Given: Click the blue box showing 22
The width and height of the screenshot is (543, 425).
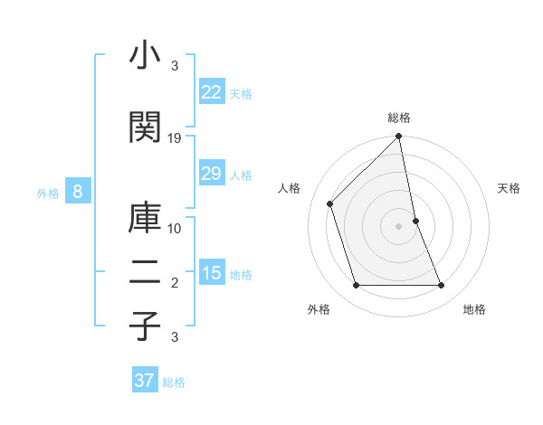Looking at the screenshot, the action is pyautogui.click(x=212, y=93).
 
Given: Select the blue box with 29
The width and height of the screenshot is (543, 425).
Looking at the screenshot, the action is pyautogui.click(x=212, y=175).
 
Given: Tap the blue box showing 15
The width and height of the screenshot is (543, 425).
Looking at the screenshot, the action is pyautogui.click(x=212, y=274).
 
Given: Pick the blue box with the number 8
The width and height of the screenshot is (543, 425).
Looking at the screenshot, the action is pyautogui.click(x=79, y=192).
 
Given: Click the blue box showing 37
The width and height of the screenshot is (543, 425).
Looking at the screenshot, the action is pyautogui.click(x=145, y=382).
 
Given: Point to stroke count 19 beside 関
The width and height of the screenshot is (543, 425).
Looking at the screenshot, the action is pyautogui.click(x=175, y=138).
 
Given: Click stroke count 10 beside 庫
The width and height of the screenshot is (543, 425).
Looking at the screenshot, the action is pyautogui.click(x=175, y=229).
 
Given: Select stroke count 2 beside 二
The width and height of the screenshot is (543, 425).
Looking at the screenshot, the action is pyautogui.click(x=175, y=283).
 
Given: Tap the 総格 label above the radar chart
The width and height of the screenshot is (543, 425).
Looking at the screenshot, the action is pyautogui.click(x=399, y=118).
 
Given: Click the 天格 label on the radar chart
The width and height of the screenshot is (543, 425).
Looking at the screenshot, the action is pyautogui.click(x=510, y=188).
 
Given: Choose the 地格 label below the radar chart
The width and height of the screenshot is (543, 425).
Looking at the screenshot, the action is pyautogui.click(x=474, y=309).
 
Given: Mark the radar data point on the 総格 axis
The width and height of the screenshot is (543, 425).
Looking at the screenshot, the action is pyautogui.click(x=399, y=137).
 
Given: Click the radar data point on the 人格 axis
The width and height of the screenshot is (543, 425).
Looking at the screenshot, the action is pyautogui.click(x=330, y=203).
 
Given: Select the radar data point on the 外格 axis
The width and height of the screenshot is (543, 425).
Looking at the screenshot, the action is pyautogui.click(x=356, y=286).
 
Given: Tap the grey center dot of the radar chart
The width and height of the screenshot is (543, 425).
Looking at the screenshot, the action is pyautogui.click(x=399, y=226).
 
